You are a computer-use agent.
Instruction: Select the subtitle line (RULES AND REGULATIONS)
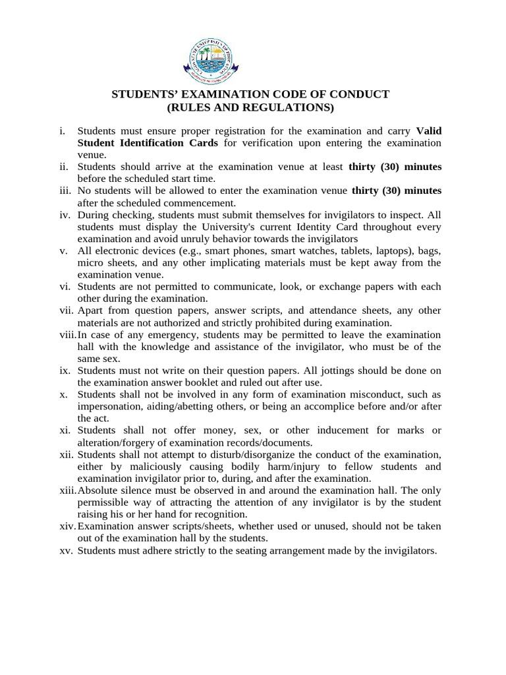coord(250,107)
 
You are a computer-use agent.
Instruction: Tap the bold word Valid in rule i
coord(429,131)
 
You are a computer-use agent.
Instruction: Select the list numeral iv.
coord(64,215)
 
